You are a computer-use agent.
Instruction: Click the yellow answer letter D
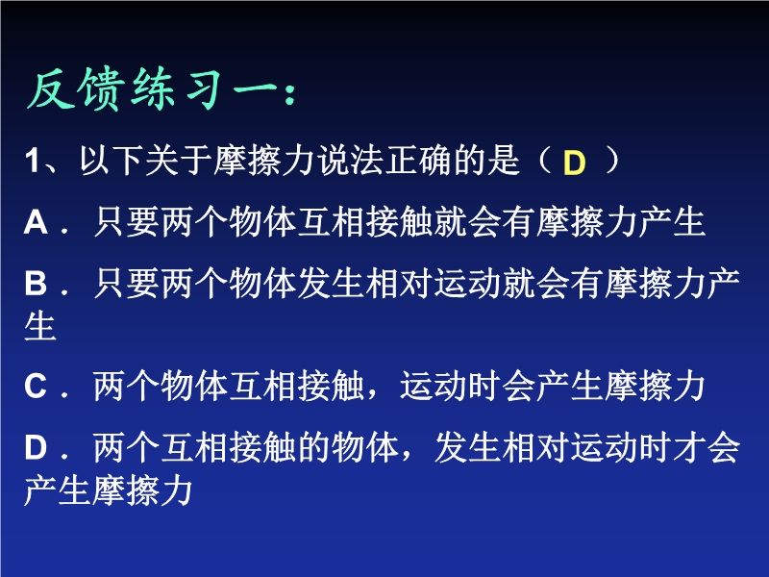click(x=574, y=163)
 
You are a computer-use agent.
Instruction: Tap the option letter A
click(x=36, y=222)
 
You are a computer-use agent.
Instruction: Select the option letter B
click(x=36, y=284)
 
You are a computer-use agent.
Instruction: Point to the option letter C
click(x=36, y=387)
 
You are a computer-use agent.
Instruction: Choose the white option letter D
click(x=36, y=447)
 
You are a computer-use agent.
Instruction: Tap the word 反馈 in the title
click(x=74, y=89)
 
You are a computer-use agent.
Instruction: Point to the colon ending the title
click(x=290, y=93)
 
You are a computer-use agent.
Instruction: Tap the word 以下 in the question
click(x=112, y=160)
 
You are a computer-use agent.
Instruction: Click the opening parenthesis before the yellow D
click(x=544, y=161)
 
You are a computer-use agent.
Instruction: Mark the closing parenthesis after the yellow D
click(x=612, y=161)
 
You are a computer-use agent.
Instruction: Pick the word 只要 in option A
click(x=126, y=222)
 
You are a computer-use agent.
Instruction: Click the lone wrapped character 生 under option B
click(x=40, y=325)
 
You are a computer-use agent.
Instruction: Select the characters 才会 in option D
click(x=707, y=447)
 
